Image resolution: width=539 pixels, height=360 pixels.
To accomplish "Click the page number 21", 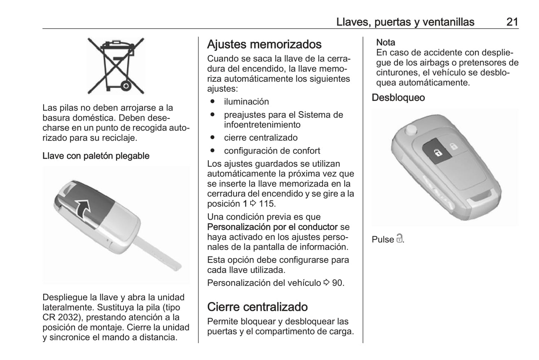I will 512,22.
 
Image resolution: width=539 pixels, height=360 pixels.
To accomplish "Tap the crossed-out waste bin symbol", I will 116,66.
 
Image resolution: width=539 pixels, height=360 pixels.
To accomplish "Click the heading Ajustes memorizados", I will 264,44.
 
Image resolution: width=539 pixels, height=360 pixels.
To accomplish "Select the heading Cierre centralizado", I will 257,307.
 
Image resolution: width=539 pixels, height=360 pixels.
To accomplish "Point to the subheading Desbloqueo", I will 398,98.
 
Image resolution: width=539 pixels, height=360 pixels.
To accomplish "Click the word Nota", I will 386,43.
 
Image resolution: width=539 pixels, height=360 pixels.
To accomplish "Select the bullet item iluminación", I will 246,102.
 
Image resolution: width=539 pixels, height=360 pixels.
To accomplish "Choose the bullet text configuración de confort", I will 272,151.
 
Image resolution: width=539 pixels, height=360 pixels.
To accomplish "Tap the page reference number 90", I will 337,283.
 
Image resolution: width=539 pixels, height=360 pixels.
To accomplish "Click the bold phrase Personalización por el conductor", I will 272,227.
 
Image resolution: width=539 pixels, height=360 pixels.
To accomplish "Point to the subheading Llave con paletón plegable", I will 96,156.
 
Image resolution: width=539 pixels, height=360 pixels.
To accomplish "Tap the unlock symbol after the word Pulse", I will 399,239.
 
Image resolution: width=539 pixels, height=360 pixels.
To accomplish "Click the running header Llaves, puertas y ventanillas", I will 405,22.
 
